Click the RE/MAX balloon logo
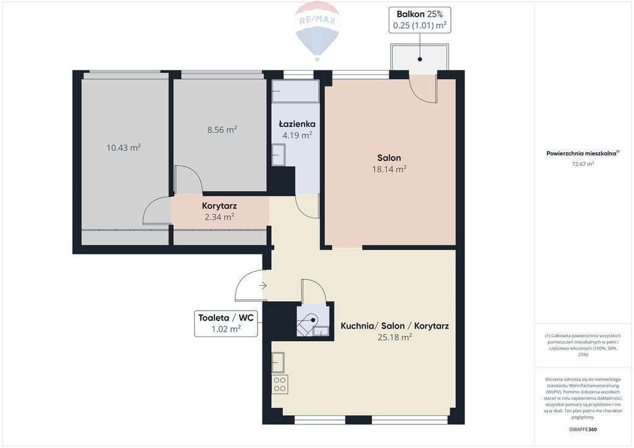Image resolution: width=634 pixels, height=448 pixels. coord(317,30)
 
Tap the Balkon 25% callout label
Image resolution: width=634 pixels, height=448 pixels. coord(420,20)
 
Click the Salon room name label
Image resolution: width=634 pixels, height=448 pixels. coord(389,158)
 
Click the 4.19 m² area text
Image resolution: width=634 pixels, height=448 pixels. coord(297,135)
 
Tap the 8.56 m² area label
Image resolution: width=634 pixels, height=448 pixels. coord(222,130)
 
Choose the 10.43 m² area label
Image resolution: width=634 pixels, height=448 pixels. coord(123,147)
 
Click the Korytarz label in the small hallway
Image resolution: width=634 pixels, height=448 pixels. coord(219,206)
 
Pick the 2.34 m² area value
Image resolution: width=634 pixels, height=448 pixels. coord(219,217)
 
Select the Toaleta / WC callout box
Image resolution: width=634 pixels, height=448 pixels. coord(226,324)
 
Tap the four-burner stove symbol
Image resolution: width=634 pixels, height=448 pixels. coord(280,384)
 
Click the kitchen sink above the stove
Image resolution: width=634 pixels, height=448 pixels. coord(278,362)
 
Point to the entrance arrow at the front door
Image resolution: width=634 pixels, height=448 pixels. coord(263,285)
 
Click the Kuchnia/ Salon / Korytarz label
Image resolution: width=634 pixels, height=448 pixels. coord(394,325)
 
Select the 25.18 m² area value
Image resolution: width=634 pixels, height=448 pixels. coord(394,337)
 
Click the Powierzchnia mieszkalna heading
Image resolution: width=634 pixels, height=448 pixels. coord(583,153)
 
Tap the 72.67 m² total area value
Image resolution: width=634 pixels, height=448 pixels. coord(583,164)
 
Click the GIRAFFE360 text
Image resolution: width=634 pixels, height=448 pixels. coord(583,429)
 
